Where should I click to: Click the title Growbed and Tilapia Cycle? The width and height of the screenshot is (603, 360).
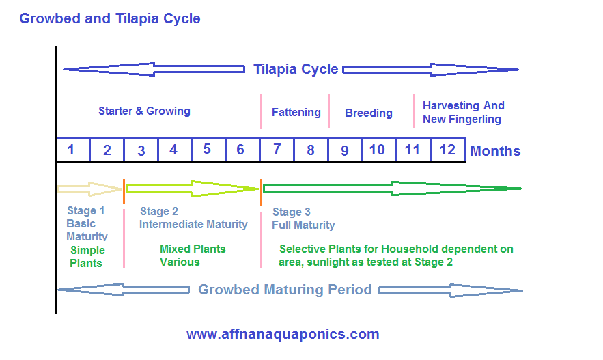click(110, 18)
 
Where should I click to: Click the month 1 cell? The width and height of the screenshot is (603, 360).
click(72, 150)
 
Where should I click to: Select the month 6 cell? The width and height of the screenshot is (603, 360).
click(241, 150)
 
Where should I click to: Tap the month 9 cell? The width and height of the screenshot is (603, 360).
click(345, 150)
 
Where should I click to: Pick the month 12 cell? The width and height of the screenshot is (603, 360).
click(447, 150)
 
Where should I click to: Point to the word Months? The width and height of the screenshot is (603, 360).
click(495, 151)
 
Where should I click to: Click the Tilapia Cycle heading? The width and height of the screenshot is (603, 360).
click(296, 69)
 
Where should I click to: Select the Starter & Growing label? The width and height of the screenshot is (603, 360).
click(144, 111)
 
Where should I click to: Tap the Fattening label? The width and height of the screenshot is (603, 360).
click(296, 112)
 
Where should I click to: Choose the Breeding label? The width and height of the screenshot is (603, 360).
click(369, 113)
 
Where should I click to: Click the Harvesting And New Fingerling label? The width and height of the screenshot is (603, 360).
click(463, 112)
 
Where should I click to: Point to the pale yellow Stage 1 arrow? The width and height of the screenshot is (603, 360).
click(89, 188)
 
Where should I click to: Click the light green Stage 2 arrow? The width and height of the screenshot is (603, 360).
click(192, 188)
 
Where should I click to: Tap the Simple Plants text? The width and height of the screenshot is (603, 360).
click(87, 257)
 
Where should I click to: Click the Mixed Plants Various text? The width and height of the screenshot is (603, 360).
click(192, 255)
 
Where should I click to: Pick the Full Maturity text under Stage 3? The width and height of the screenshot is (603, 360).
click(303, 225)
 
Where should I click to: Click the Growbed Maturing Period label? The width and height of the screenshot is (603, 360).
click(285, 290)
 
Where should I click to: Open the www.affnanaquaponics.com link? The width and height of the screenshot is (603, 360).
click(283, 335)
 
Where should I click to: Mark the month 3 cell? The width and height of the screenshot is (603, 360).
click(141, 150)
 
